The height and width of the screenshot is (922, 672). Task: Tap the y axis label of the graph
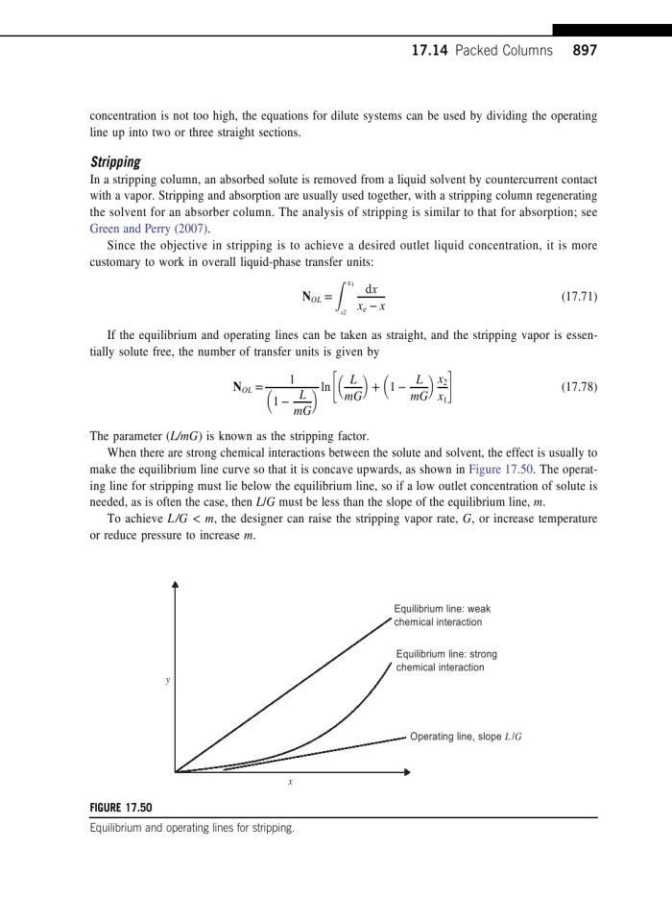point(168,680)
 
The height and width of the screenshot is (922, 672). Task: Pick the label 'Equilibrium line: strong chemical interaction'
point(446,661)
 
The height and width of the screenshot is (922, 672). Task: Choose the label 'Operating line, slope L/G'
point(467,737)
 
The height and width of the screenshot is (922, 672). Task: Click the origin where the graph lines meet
point(176,770)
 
